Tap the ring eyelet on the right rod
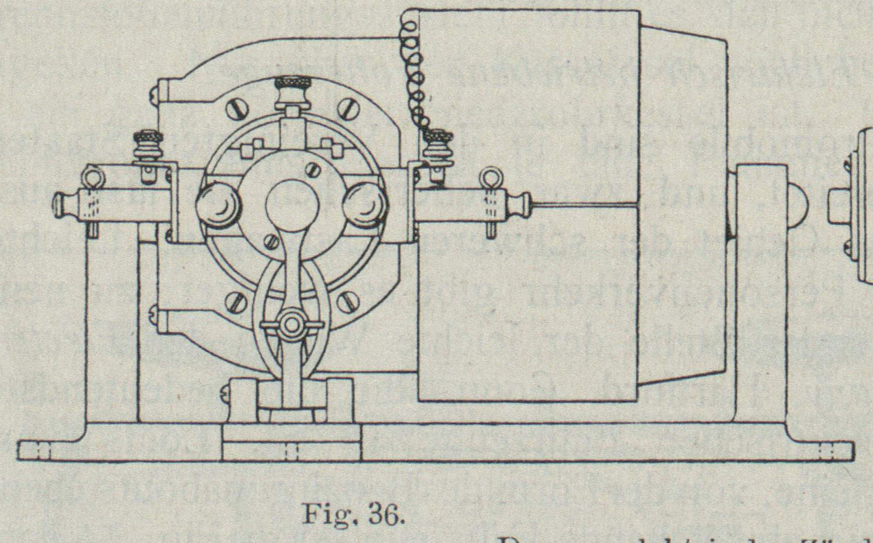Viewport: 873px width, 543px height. pyautogui.click(x=490, y=178)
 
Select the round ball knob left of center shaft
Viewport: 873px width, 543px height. pyautogui.click(x=218, y=204)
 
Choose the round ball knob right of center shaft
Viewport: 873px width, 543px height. pyautogui.click(x=363, y=204)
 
